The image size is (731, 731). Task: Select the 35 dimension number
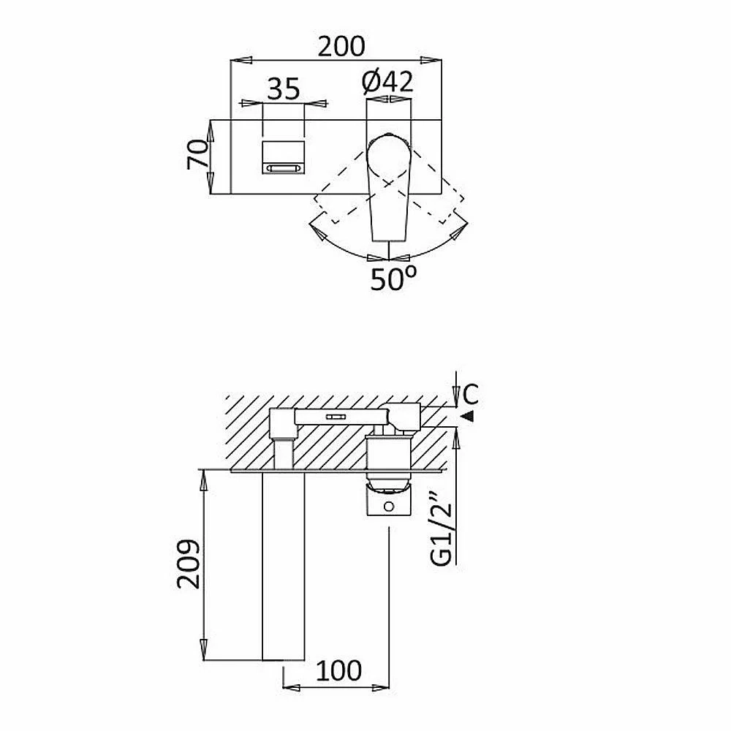(283, 88)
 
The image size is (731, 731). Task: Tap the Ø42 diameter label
(387, 82)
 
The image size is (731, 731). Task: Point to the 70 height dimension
(197, 154)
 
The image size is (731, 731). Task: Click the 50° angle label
(393, 279)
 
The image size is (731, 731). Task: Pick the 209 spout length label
(189, 564)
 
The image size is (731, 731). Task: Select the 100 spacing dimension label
(338, 670)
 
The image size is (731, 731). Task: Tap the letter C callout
(471, 395)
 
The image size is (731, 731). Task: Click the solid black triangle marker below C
(468, 416)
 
